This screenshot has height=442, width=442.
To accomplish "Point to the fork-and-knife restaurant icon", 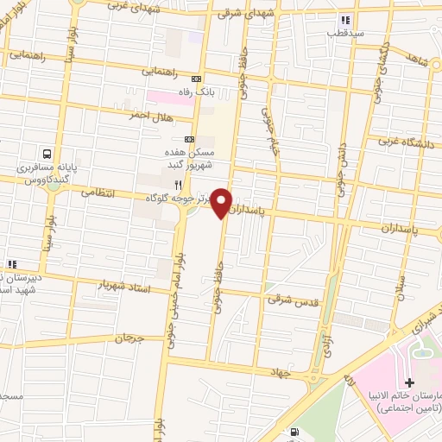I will (x=179, y=184).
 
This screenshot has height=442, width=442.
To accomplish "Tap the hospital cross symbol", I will (x=409, y=382).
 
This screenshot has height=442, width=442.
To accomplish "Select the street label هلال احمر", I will (x=148, y=114).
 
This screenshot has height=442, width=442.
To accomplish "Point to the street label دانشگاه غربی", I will (x=406, y=142).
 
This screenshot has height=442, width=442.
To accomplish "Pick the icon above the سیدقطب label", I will (x=345, y=19).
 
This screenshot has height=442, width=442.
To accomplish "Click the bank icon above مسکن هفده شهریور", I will (x=190, y=138).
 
